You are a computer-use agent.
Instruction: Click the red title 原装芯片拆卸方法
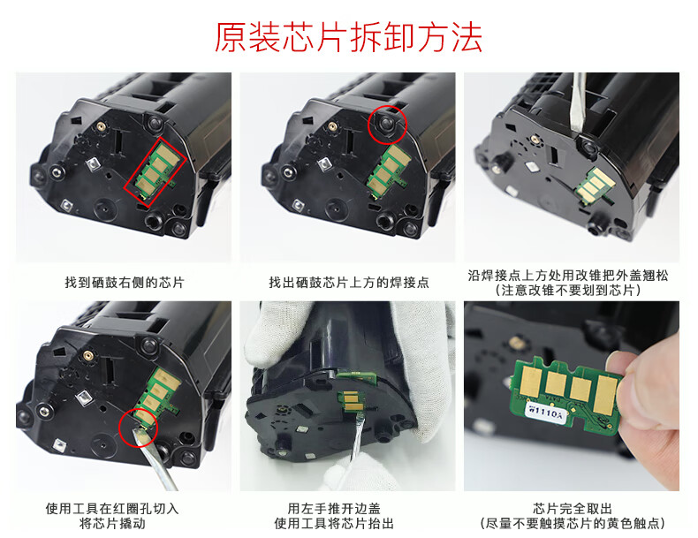[x=348, y=37]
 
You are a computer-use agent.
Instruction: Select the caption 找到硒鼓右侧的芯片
[x=125, y=282]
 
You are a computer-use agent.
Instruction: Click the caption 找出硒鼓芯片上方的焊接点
[x=348, y=282]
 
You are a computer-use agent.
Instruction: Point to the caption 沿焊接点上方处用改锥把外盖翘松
[x=568, y=276]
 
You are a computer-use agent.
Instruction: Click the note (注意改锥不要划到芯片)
[x=568, y=291]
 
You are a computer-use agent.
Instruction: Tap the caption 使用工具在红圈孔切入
[x=112, y=508]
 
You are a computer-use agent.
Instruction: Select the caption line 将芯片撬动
[x=112, y=523]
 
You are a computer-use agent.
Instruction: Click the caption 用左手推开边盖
[x=334, y=508]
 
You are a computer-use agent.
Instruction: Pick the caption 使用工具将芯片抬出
[x=334, y=523]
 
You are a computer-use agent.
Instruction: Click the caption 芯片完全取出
[x=573, y=508]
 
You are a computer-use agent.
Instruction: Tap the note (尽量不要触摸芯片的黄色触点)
[x=573, y=523]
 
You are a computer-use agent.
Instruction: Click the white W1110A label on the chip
[x=546, y=412]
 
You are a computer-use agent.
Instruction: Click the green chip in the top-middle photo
[x=387, y=172]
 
